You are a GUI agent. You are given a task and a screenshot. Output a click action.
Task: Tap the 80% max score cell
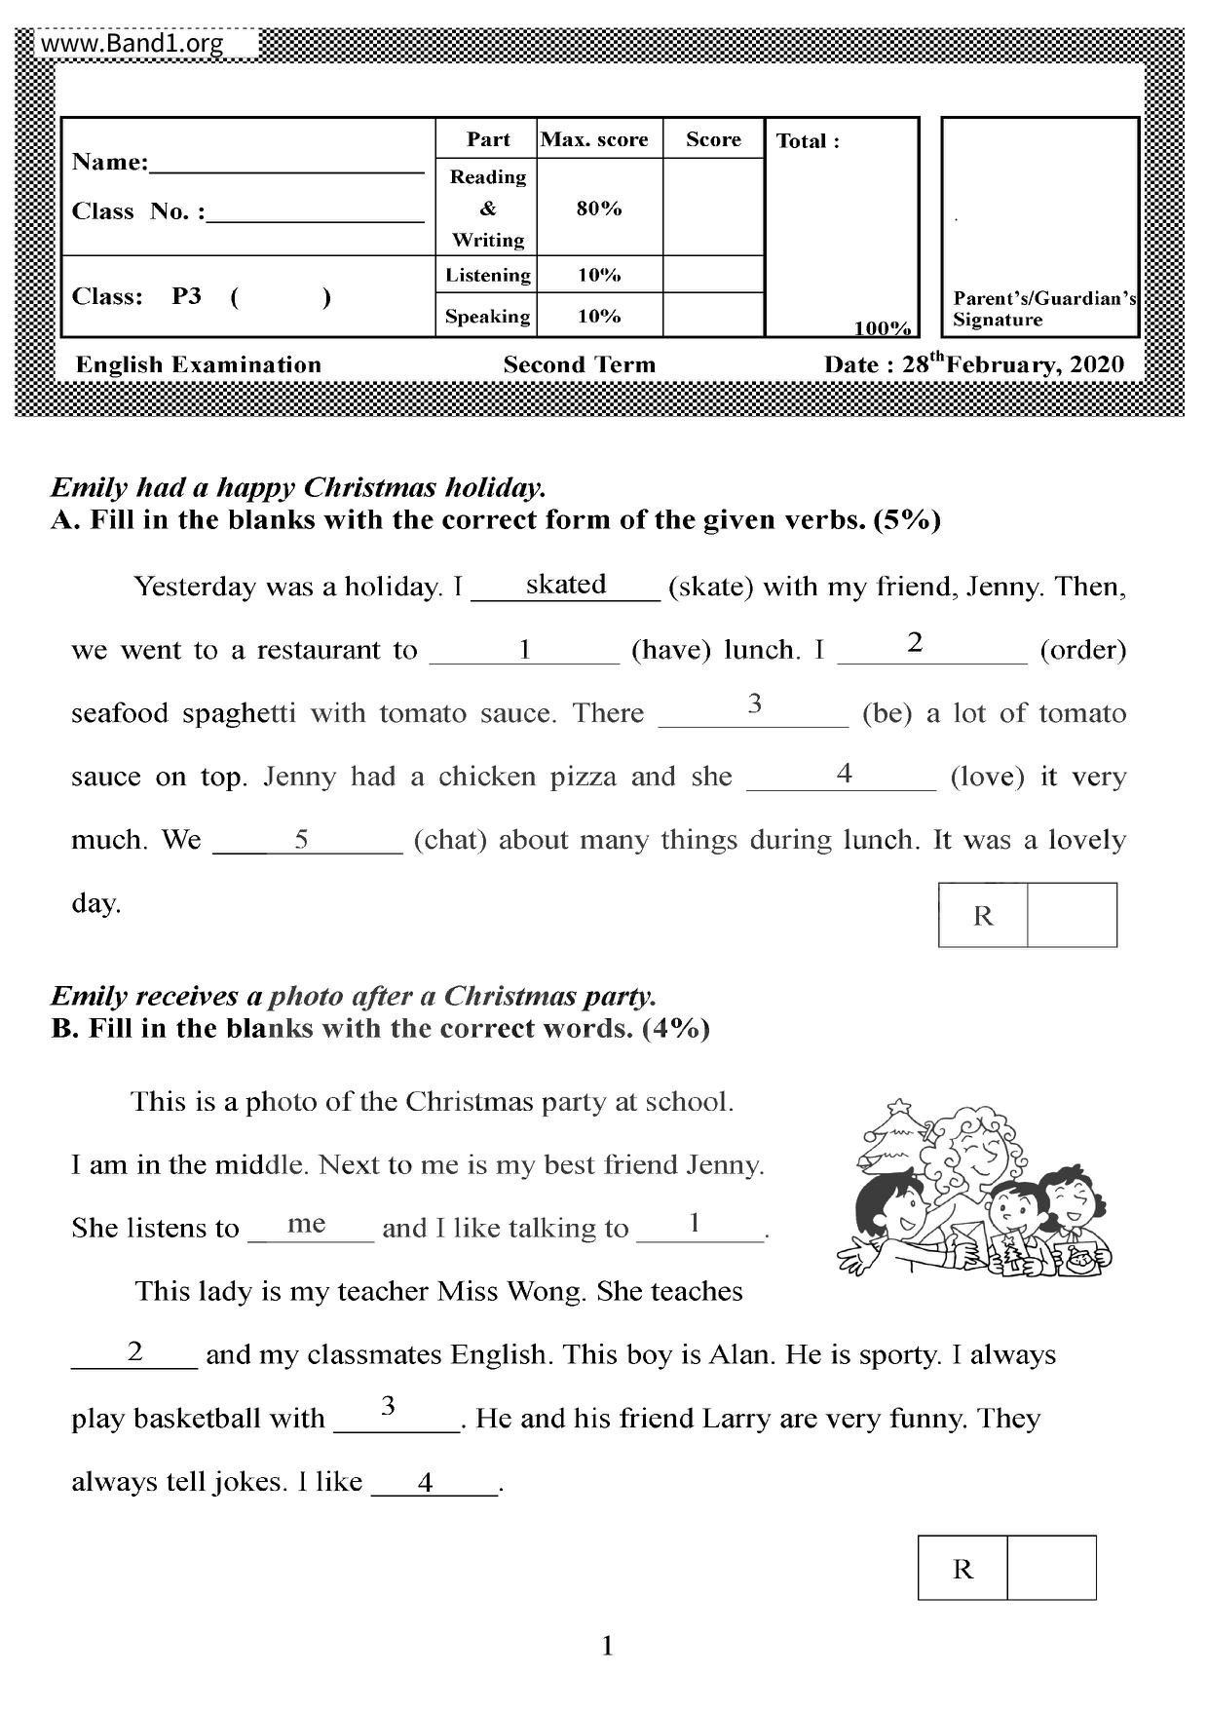598,208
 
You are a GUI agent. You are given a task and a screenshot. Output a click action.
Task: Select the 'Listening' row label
488,275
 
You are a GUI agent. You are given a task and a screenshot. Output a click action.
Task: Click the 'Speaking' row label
488,316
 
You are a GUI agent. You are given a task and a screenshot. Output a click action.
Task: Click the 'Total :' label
808,141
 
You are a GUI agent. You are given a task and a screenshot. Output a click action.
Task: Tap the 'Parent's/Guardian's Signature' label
1043,309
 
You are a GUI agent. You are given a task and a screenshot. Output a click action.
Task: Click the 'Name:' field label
110,162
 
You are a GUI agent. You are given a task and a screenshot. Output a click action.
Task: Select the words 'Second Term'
579,364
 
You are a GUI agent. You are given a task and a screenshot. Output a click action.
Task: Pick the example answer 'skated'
566,584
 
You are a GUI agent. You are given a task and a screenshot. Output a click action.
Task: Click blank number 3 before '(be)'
754,705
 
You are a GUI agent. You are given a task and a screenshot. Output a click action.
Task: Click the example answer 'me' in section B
307,1224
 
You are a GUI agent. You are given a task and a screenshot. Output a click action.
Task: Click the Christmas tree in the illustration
894,1135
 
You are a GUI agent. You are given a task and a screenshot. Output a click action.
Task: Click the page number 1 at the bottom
608,1647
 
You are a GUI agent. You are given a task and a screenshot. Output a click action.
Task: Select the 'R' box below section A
983,916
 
